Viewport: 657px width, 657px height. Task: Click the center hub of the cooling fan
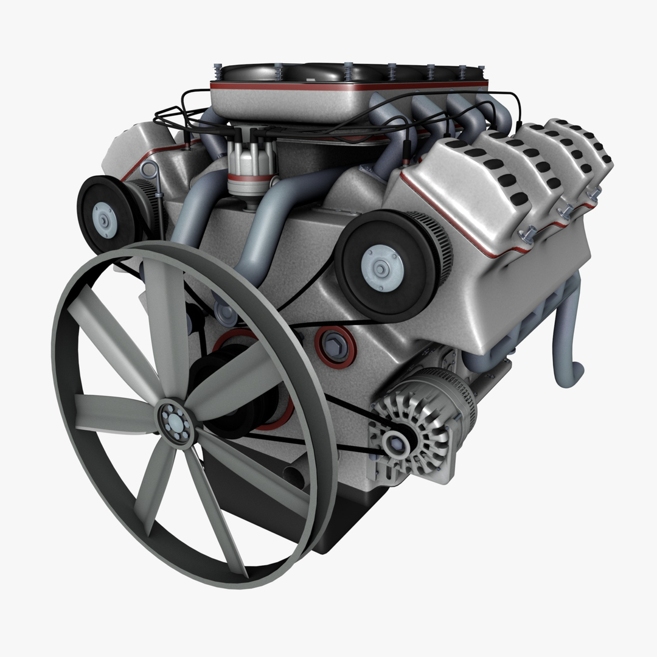coord(175,420)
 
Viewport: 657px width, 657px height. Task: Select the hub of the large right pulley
coord(381,268)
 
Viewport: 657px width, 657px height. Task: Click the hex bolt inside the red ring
coord(334,344)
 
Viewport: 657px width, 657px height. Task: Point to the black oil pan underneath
coord(341,517)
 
